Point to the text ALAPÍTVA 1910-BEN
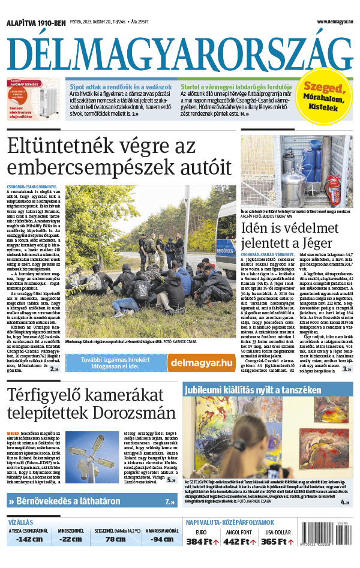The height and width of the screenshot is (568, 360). [35, 23]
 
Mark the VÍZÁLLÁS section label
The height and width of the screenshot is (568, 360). [20, 522]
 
